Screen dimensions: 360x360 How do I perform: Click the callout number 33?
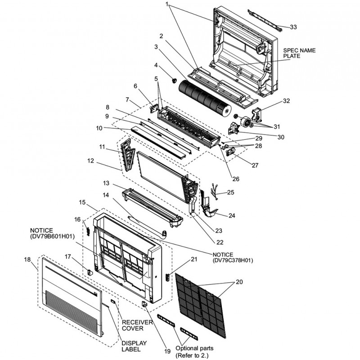[x=293, y=27]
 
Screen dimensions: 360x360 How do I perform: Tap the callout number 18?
[x=27, y=260]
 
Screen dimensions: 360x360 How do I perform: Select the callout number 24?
[x=232, y=216]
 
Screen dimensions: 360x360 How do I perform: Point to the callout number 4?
[x=156, y=65]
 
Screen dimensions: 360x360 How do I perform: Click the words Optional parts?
[x=194, y=348]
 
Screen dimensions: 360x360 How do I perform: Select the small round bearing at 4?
[x=172, y=80]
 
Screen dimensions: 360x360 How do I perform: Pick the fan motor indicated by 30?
[x=245, y=122]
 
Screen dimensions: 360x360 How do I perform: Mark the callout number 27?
[x=255, y=165]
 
